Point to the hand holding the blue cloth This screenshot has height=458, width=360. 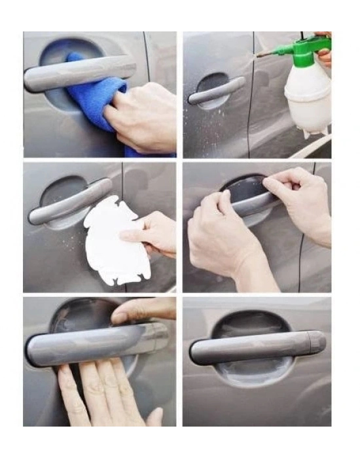144,118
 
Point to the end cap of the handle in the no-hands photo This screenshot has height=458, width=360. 317,341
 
